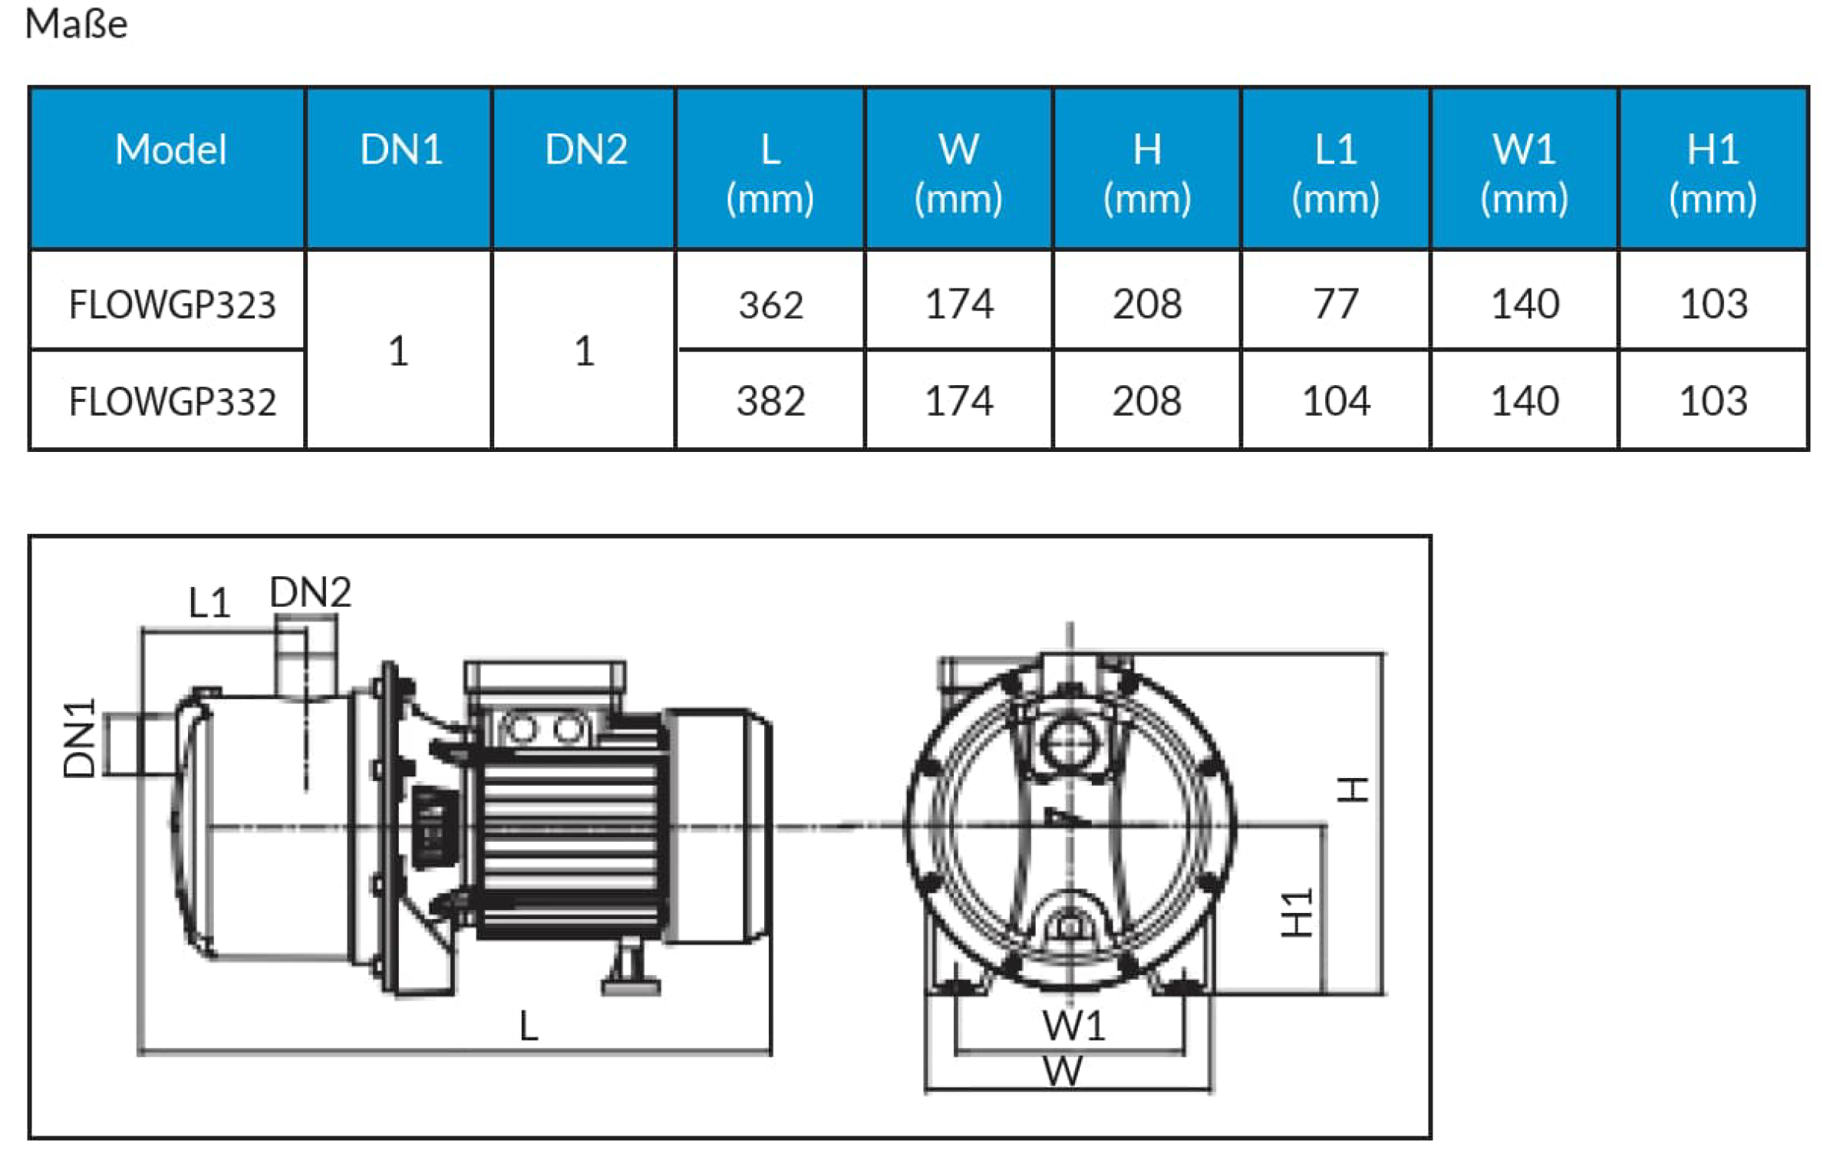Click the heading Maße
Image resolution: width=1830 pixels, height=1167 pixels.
[76, 24]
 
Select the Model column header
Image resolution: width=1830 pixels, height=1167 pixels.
[170, 149]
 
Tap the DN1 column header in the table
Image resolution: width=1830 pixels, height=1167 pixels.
[401, 149]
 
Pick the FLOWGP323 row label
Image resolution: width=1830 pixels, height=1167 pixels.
[172, 305]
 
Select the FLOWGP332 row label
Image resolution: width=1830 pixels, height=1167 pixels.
[172, 401]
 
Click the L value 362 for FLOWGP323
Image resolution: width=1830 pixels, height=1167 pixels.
[770, 305]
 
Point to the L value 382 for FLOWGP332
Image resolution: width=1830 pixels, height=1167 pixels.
[770, 401]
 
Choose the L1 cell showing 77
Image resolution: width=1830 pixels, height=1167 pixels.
[1335, 304]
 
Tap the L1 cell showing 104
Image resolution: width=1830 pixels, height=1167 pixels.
[1335, 401]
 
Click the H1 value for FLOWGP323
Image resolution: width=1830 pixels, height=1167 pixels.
[1713, 304]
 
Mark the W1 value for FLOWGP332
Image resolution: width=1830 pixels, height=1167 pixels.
[1524, 401]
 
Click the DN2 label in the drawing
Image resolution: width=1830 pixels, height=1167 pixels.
[310, 592]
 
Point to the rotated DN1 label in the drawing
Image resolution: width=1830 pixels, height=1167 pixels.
[79, 738]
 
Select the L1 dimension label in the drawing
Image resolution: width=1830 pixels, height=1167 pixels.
[209, 602]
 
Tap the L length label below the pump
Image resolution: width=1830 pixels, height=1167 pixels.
[529, 1026]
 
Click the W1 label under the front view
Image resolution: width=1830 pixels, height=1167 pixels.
[1073, 1026]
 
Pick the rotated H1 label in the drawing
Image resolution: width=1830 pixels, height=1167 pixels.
[1297, 913]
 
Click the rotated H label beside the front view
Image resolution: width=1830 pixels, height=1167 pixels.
[1352, 790]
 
